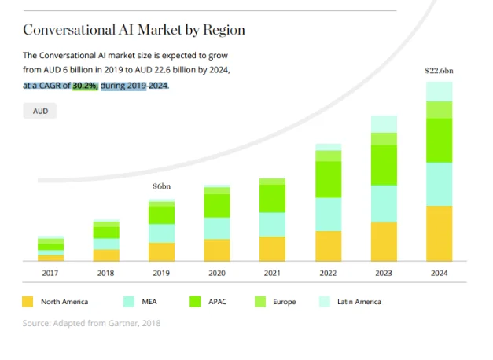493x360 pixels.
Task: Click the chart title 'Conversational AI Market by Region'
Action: [x=134, y=30]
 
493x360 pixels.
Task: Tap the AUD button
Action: [x=40, y=112]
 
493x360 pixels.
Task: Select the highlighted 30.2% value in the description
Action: [x=85, y=85]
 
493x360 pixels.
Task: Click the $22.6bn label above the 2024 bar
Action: [x=439, y=71]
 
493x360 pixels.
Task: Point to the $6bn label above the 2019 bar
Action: [x=161, y=186]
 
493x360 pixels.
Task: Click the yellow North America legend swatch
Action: [x=28, y=302]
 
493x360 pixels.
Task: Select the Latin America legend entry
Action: [x=359, y=302]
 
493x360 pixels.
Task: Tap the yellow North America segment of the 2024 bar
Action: [x=439, y=233]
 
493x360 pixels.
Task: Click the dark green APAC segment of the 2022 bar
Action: [x=328, y=179]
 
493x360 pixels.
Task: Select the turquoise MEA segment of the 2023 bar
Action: [x=383, y=204]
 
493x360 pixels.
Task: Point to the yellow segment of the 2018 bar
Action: [x=106, y=255]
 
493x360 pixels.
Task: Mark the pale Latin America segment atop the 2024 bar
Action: [x=439, y=91]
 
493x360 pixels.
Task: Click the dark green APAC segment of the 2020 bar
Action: [x=217, y=205]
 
